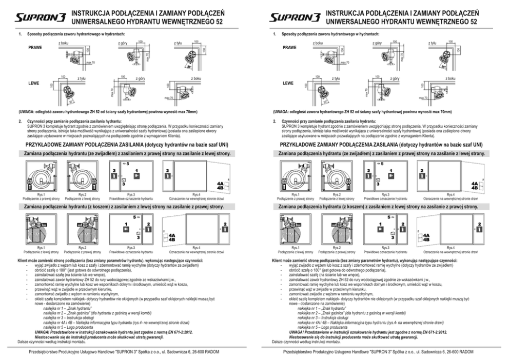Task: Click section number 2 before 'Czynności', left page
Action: point(19,121)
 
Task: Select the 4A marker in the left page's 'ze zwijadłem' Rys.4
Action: point(220,183)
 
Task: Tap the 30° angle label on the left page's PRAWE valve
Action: point(189,66)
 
